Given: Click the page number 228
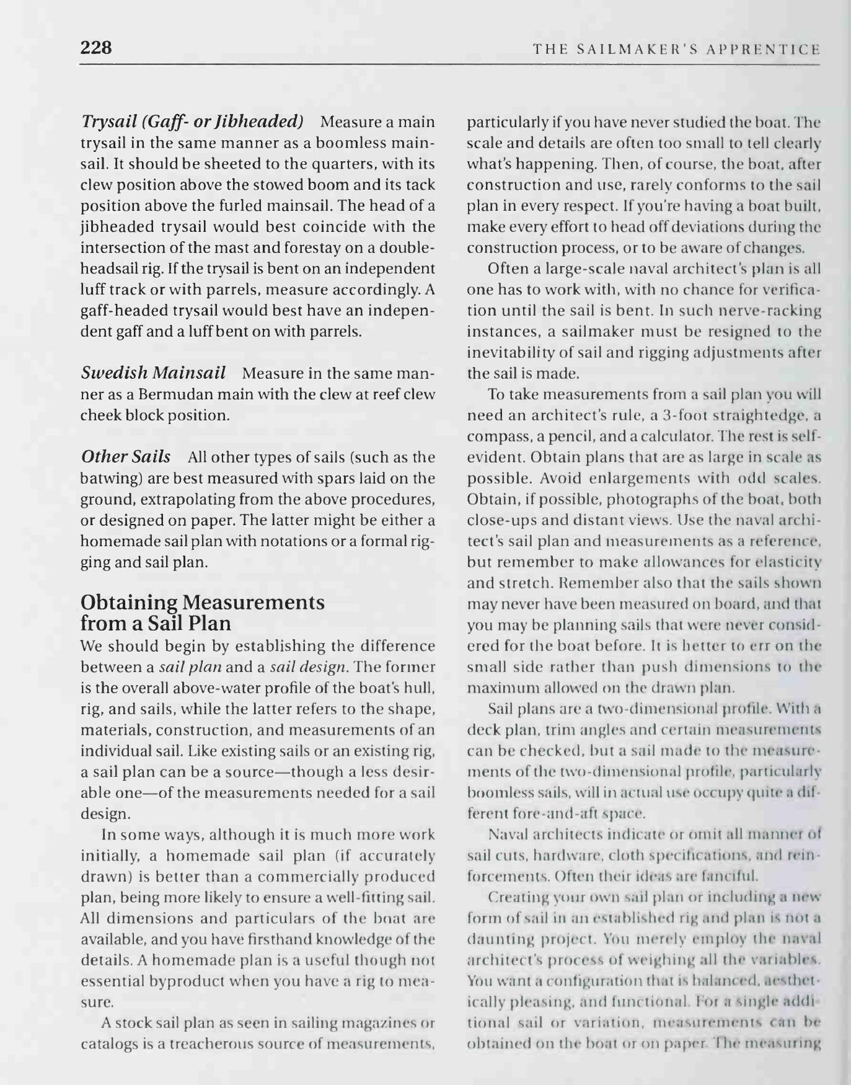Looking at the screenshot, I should [96, 47].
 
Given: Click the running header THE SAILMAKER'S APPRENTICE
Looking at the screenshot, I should [676, 49].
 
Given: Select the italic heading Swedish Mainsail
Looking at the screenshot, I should [153, 373].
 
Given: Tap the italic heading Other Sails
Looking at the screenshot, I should [126, 457].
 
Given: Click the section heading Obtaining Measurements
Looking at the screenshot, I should [203, 602].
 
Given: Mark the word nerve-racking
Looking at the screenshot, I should [778, 310].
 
